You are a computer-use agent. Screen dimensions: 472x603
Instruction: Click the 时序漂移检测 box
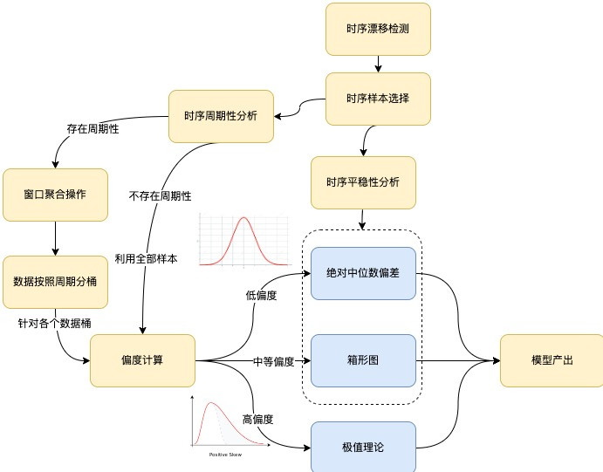[378, 29]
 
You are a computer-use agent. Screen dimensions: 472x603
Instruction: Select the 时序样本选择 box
[378, 99]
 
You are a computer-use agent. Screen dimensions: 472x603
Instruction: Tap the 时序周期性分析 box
[221, 115]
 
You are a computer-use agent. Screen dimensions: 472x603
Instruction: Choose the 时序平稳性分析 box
[363, 182]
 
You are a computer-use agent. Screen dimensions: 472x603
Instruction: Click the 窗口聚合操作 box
[55, 195]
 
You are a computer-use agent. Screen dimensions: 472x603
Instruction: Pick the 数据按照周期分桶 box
[55, 282]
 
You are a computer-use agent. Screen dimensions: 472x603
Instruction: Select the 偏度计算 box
[142, 360]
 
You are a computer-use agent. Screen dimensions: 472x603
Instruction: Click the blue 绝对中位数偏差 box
[362, 273]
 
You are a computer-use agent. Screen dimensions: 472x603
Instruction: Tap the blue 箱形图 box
[362, 360]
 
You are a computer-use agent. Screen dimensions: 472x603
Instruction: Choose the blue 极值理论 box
[362, 447]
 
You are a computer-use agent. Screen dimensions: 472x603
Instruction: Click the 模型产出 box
[552, 360]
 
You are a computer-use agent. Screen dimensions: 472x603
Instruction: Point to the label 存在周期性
[93, 128]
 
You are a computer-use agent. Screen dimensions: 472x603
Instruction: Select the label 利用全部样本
[146, 258]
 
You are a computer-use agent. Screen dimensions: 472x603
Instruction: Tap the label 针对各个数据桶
[54, 323]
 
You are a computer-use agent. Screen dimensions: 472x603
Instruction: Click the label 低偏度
[261, 296]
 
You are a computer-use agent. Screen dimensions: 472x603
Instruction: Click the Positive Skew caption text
[224, 455]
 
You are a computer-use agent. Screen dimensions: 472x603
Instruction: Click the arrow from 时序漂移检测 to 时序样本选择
[378, 64]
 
